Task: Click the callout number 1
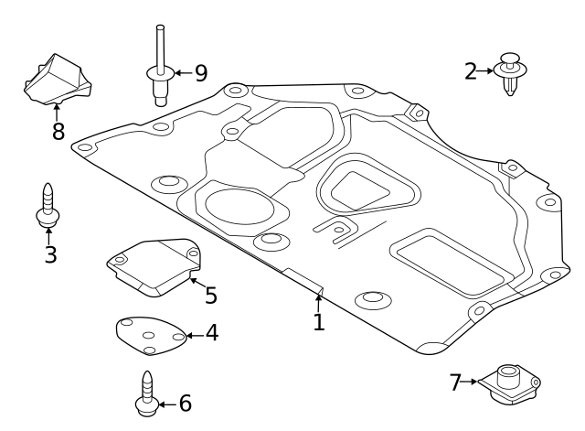(x=318, y=322)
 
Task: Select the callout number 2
(x=471, y=70)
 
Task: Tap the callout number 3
(x=50, y=254)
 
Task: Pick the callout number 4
(x=211, y=333)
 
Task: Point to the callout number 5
(x=210, y=295)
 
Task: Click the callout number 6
(x=185, y=403)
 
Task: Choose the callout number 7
(x=455, y=382)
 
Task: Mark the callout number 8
(x=58, y=131)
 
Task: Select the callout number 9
(x=200, y=71)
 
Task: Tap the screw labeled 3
(x=47, y=207)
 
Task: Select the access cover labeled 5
(x=153, y=265)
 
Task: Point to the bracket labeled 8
(x=57, y=80)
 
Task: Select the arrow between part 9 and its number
(x=179, y=71)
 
